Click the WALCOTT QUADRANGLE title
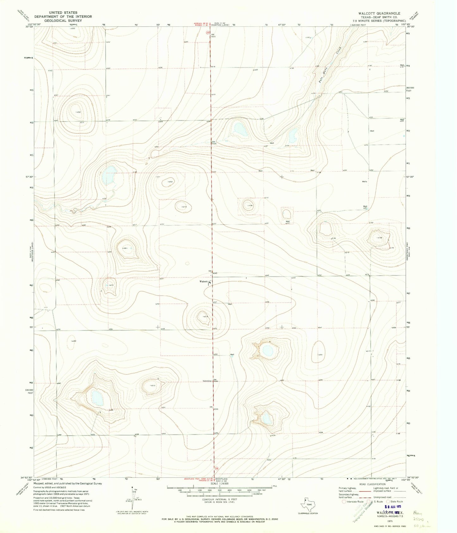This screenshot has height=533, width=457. [379, 14]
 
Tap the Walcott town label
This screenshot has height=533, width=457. [203, 281]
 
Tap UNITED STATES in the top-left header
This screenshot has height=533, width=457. [63, 13]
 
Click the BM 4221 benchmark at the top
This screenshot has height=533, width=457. [213, 35]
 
